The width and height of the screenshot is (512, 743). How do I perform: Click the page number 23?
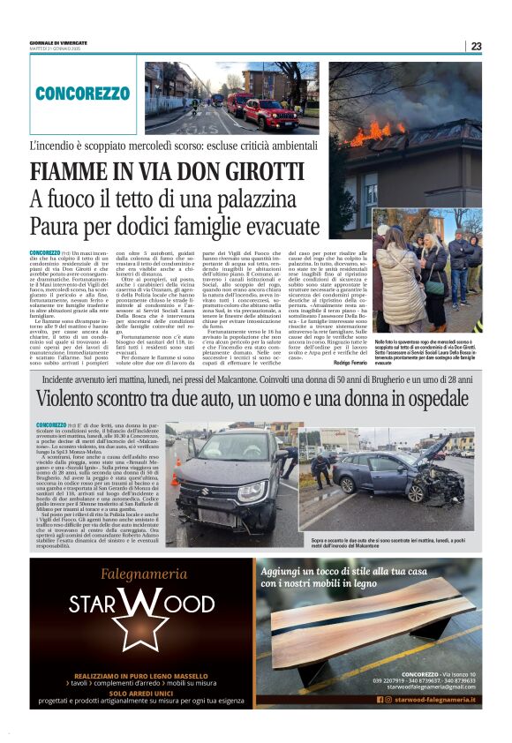coord(476,46)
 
